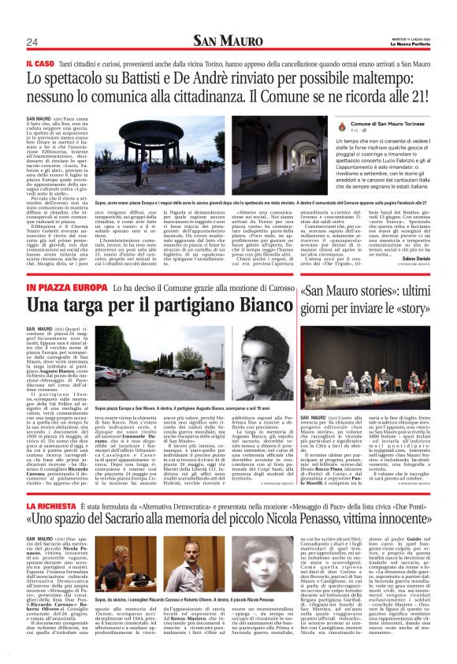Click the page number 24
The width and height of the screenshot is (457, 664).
point(32,42)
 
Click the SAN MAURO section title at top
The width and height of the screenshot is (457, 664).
point(227,40)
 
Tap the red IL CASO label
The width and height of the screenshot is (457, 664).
point(39,62)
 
